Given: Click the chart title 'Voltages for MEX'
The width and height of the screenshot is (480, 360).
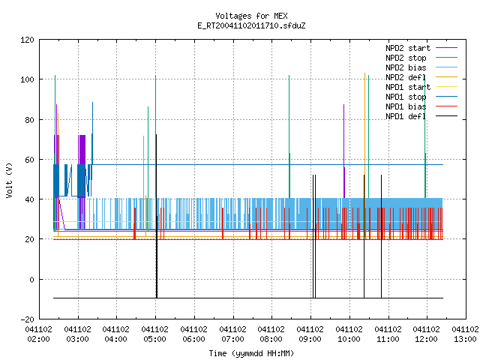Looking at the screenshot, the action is tap(251, 16).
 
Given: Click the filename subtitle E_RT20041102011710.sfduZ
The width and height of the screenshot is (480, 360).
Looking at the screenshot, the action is tap(251, 25).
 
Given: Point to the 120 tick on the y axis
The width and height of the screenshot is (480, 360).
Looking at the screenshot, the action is tap(27, 40).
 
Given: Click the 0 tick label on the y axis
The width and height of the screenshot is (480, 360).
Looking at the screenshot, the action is tap(31, 280).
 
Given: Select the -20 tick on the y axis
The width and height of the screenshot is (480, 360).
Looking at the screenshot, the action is tap(27, 319).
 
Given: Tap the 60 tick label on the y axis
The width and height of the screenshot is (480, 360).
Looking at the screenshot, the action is tap(30, 160).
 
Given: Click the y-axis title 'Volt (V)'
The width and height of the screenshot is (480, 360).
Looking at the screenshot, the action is tap(10, 180).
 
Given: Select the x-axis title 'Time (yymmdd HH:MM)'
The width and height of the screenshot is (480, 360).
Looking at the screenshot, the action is tap(251, 353).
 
